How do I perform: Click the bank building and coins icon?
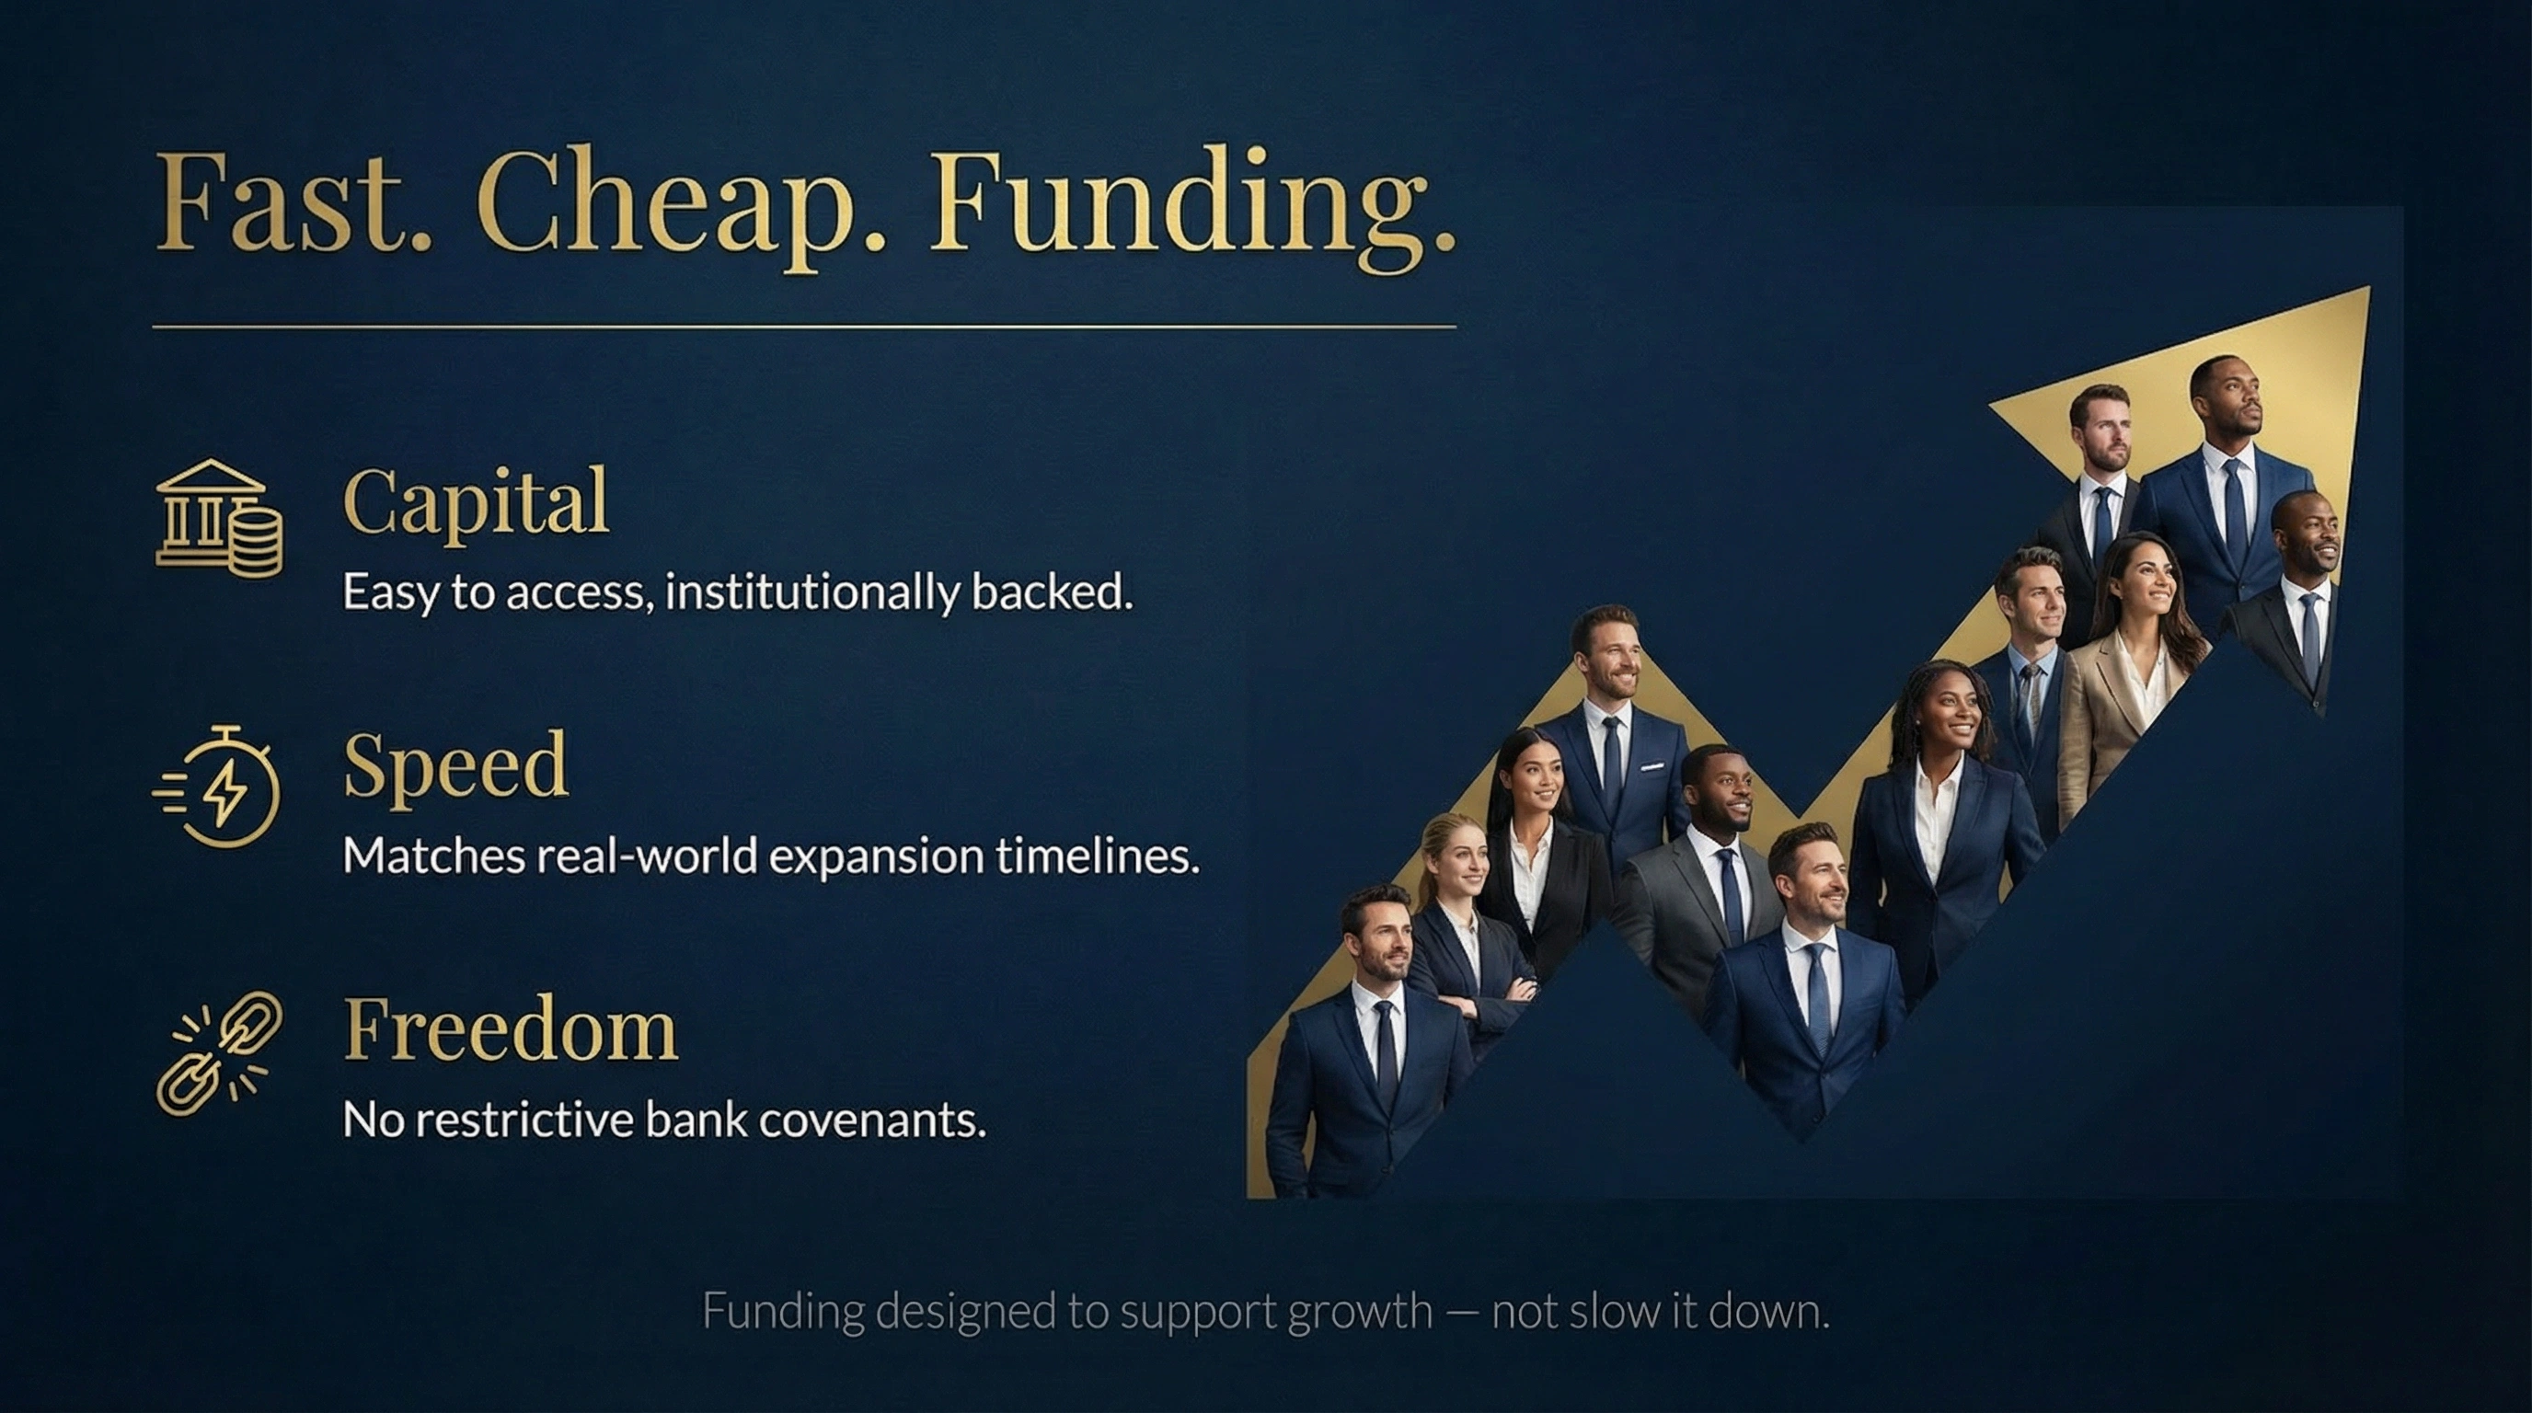218,518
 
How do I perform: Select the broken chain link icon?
218,1052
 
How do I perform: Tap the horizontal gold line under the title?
804,327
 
